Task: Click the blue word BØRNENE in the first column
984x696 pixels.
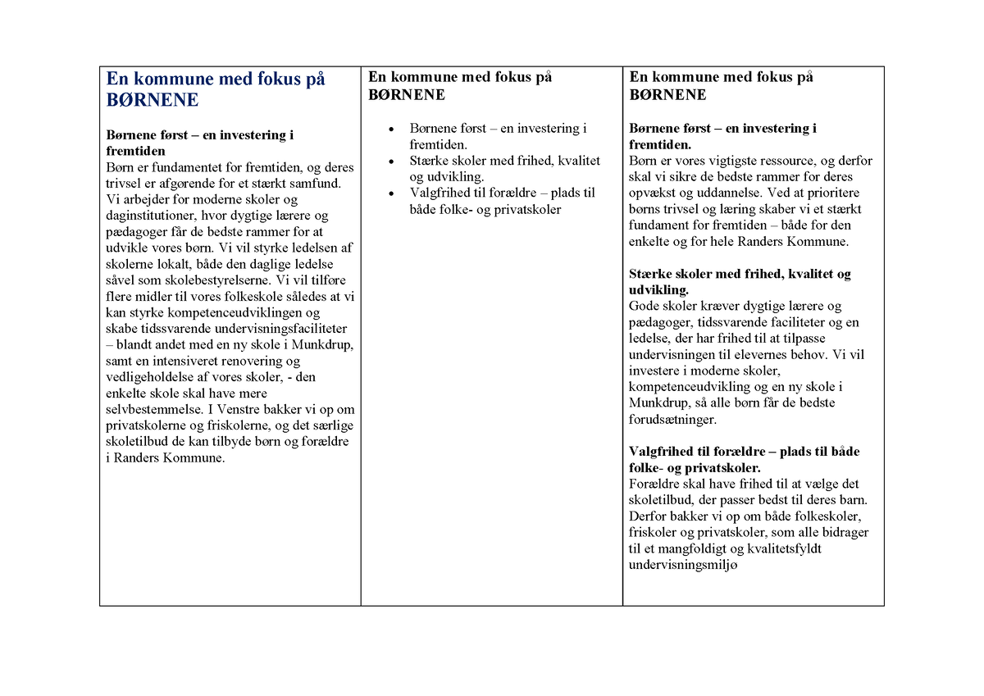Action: (153, 100)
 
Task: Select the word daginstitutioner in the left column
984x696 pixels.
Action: (153, 216)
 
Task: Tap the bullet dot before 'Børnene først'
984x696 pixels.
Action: (392, 130)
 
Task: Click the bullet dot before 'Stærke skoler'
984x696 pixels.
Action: (392, 161)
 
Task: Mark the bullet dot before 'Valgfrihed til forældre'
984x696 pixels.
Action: (392, 194)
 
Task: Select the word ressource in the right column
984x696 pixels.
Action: (776, 161)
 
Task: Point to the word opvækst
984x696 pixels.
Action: (654, 193)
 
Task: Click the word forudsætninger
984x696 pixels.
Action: (672, 420)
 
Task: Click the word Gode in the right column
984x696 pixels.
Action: (645, 307)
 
